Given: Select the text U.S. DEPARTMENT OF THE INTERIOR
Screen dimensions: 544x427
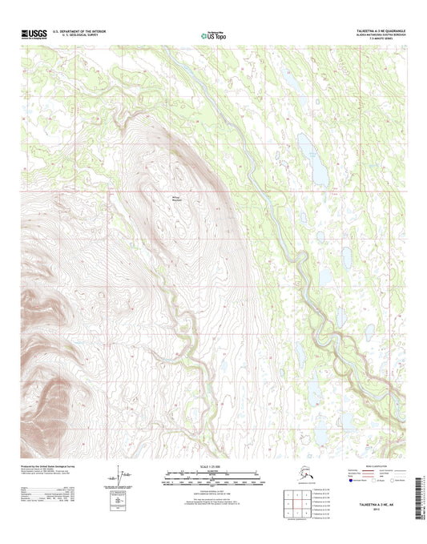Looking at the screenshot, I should tap(79, 31).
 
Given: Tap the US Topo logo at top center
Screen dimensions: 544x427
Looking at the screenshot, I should tap(213, 34).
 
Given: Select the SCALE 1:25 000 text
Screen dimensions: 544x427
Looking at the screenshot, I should tap(212, 467).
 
